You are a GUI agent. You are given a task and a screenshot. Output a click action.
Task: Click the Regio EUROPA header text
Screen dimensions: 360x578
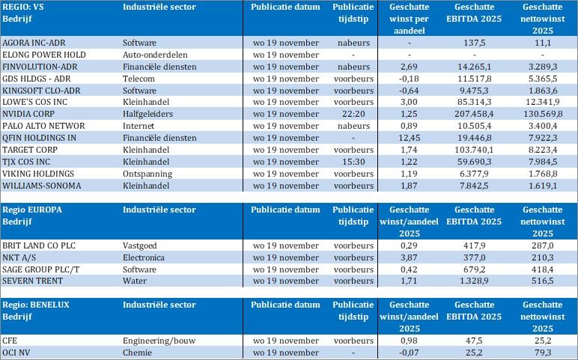tap(32, 209)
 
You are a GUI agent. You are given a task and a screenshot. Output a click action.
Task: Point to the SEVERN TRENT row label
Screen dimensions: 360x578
tap(32, 281)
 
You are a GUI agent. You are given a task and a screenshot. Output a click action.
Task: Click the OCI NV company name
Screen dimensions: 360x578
tap(17, 353)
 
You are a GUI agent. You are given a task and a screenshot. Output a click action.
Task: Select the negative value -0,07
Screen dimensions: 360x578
tap(409, 353)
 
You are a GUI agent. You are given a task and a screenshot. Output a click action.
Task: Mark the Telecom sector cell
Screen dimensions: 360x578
tap(139, 77)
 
